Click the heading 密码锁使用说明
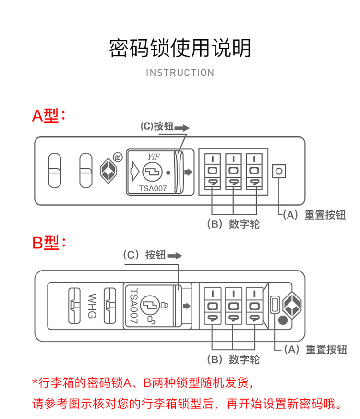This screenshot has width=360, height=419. pyautogui.click(x=180, y=49)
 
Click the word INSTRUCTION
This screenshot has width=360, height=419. pyautogui.click(x=180, y=73)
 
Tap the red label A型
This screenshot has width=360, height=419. pyautogui.click(x=48, y=115)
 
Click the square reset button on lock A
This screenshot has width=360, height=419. pyautogui.click(x=279, y=171)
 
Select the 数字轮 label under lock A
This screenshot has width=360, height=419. pyautogui.click(x=233, y=224)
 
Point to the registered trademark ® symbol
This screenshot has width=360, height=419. pyautogui.click(x=117, y=156)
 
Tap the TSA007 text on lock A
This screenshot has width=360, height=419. pyautogui.click(x=152, y=189)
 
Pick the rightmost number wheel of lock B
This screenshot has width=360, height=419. pyautogui.click(x=254, y=306)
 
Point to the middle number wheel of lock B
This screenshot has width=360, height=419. pyautogui.click(x=233, y=306)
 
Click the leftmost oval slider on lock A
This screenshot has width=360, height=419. pyautogui.click(x=55, y=171)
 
